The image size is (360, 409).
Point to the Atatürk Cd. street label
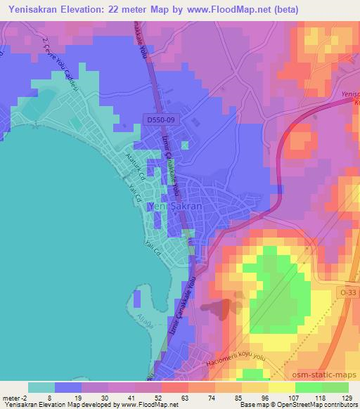click(x=134, y=165)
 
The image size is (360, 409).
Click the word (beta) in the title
click(x=281, y=9)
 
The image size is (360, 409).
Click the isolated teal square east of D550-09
click(x=185, y=145)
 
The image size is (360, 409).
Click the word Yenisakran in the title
click(x=34, y=9)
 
